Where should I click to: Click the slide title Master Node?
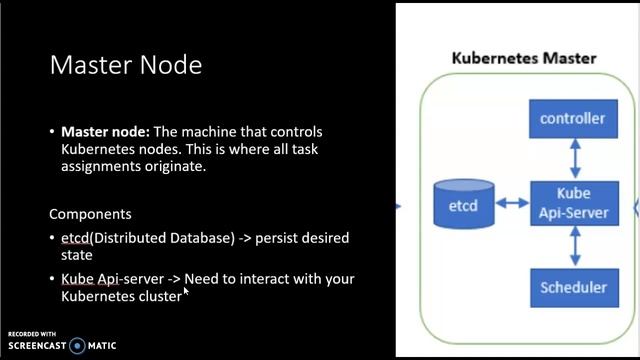tap(125, 66)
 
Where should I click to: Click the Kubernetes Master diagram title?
tap(523, 57)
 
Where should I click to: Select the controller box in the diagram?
tap(572, 119)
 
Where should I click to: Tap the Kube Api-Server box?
tap(573, 202)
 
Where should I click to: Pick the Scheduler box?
tap(572, 288)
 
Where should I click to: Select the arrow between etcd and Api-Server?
tap(511, 203)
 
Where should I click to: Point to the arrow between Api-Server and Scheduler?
tap(573, 245)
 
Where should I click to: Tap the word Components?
tap(90, 214)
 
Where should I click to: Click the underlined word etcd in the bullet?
tap(75, 238)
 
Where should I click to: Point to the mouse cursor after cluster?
tap(186, 291)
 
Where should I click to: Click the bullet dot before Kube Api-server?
tap(52, 279)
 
